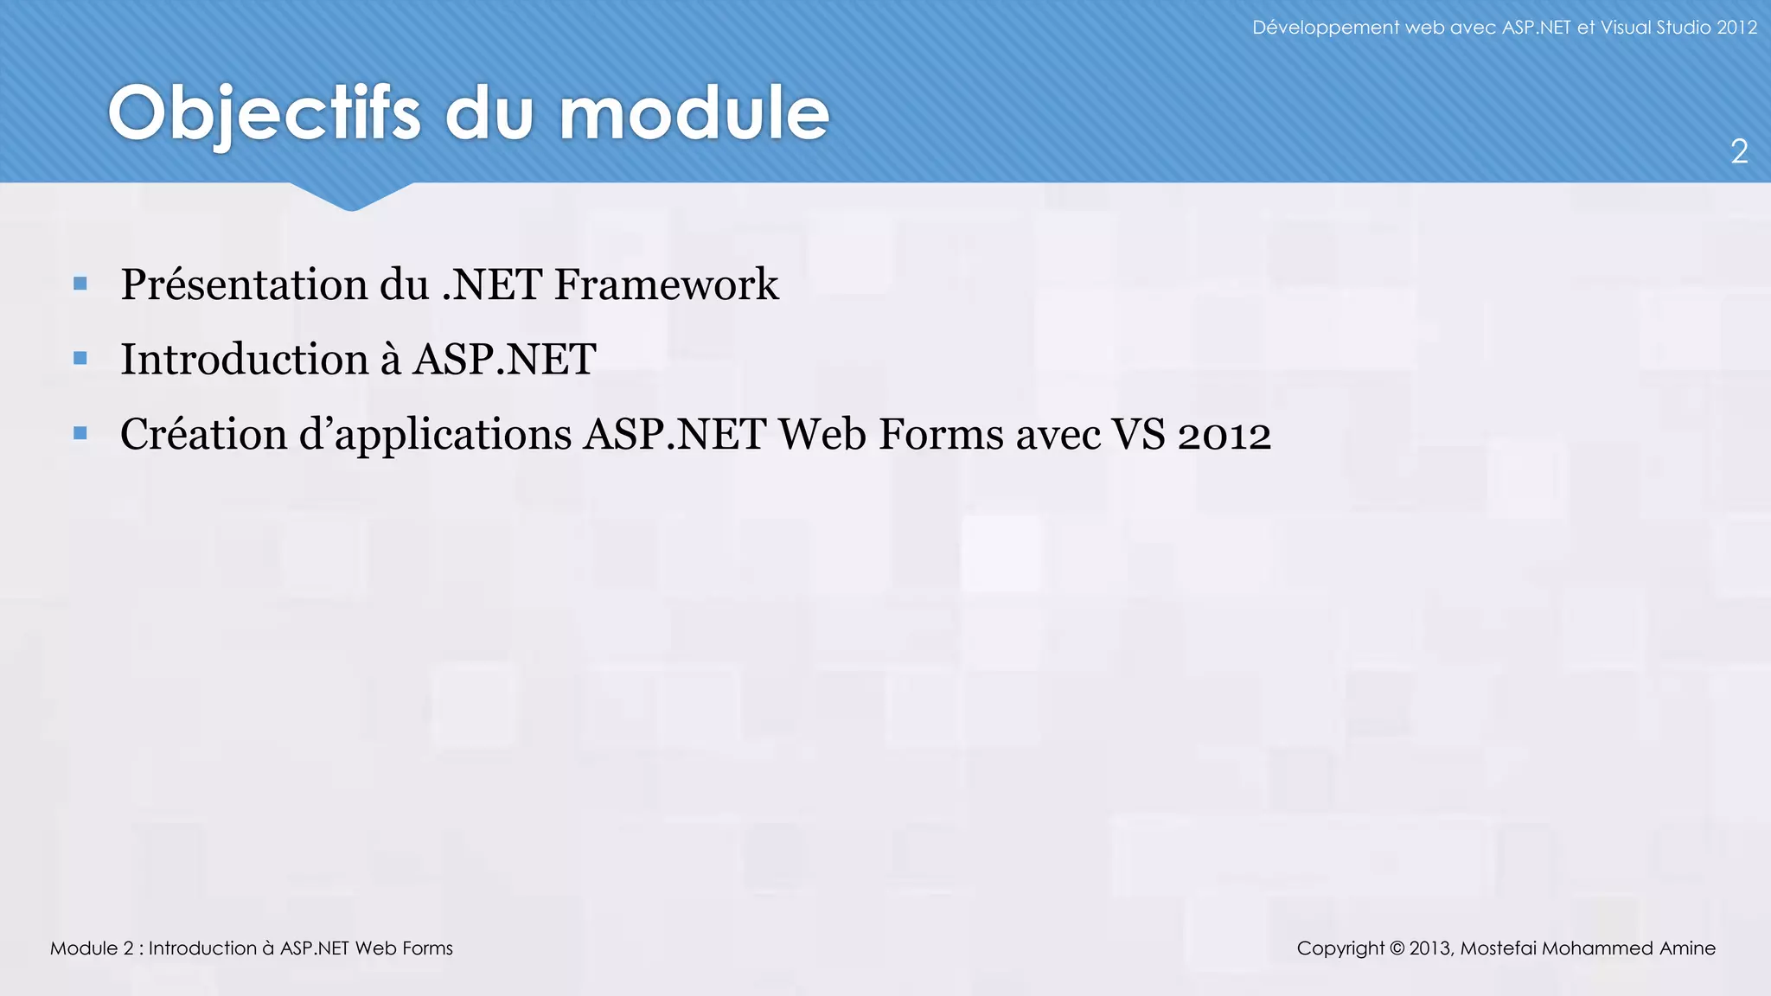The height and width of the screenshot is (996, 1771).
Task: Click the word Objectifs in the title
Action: pos(264,114)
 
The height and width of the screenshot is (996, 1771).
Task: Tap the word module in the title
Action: pos(694,114)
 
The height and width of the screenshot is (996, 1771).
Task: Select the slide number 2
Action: pos(1739,152)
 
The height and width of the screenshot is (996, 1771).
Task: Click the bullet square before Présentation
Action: pos(80,283)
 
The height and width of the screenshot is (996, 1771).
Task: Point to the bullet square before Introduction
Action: pos(80,358)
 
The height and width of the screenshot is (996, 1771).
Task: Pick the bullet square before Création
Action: pos(80,433)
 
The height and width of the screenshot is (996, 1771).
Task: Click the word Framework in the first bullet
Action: pos(666,284)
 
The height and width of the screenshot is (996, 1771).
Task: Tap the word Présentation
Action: pos(244,284)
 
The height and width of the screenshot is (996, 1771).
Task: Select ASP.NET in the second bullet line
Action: pos(504,360)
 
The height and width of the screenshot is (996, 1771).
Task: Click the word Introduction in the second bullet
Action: pos(244,360)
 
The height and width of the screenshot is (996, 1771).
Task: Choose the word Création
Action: pos(203,434)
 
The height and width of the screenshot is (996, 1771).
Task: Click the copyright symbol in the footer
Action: pos(1397,948)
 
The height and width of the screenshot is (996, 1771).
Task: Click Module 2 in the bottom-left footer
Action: pos(91,948)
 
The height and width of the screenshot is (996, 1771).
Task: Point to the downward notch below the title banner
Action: pos(351,198)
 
